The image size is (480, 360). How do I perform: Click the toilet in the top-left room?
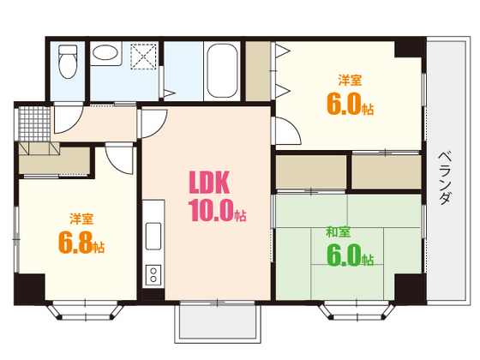(68, 62)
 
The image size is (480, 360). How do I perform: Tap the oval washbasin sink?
(105, 53)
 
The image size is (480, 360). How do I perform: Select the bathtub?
(222, 70)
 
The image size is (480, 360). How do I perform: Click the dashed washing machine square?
(143, 57)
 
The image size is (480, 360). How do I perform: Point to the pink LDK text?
(209, 183)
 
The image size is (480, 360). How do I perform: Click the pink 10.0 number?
(211, 210)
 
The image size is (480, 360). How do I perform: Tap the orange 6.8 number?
(75, 243)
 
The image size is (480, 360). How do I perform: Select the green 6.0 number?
(344, 255)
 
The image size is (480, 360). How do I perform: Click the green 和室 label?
(338, 231)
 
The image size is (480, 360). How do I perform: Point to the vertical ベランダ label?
(445, 177)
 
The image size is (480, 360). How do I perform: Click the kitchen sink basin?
(153, 236)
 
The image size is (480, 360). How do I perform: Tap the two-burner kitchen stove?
(153, 275)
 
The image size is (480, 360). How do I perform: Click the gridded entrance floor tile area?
(34, 123)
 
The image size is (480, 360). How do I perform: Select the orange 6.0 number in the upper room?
(344, 104)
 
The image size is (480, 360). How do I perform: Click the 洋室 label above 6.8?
(81, 219)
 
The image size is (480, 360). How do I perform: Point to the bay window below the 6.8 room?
(85, 309)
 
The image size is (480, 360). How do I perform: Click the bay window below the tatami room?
(357, 309)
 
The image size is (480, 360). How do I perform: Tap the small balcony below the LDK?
(218, 322)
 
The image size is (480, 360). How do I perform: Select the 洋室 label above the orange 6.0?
(350, 80)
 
